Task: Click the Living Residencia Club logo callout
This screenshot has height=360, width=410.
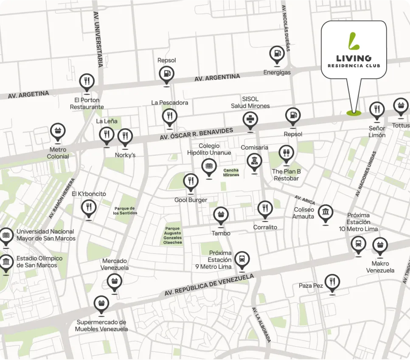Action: (x=354, y=50)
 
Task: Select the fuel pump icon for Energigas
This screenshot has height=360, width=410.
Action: (x=277, y=54)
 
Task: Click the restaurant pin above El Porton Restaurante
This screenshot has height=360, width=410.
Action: (x=87, y=82)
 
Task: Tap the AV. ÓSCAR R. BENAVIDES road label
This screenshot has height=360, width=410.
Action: (x=197, y=134)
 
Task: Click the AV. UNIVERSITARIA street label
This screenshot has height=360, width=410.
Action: (x=97, y=39)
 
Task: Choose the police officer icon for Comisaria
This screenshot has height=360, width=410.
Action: (x=254, y=162)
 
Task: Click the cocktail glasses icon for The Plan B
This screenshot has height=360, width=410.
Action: (x=286, y=153)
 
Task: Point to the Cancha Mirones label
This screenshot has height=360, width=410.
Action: (x=231, y=172)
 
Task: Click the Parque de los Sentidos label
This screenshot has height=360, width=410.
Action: (x=125, y=211)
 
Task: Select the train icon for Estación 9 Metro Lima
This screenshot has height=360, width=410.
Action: (x=242, y=259)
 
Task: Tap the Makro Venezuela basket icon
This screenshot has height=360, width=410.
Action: (x=380, y=245)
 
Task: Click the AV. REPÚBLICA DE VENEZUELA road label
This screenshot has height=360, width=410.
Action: (x=209, y=285)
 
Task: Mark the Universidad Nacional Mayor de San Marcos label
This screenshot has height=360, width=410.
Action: (x=46, y=235)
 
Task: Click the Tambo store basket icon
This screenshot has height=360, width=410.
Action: (x=221, y=215)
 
